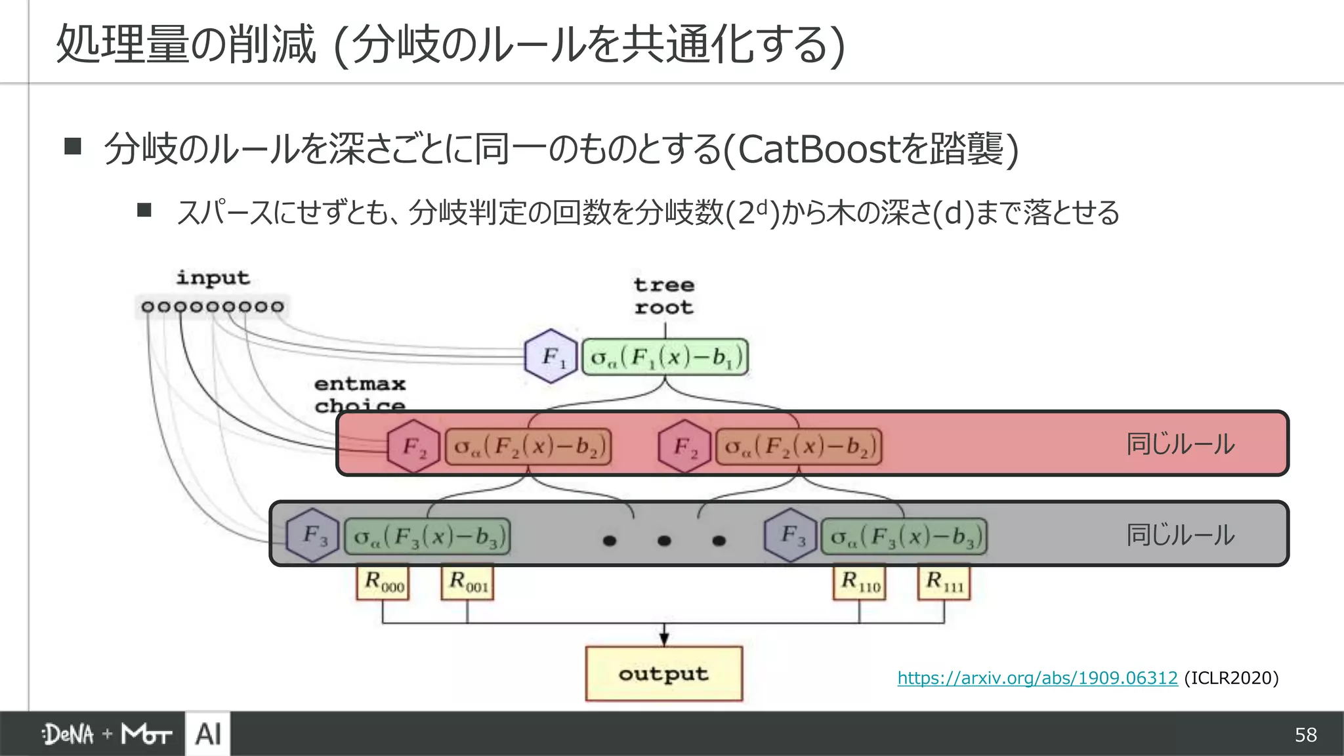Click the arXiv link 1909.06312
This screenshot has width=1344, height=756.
(1037, 678)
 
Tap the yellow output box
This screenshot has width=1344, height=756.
(663, 674)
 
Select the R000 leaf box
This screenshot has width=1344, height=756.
(383, 582)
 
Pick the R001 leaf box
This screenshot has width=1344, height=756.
(467, 582)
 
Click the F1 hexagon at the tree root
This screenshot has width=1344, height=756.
(551, 356)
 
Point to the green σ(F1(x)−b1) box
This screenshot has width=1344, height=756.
(665, 357)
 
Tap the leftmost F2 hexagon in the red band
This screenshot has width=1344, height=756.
(413, 446)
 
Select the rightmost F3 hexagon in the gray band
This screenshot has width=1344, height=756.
(791, 535)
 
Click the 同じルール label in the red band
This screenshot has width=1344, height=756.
(1180, 444)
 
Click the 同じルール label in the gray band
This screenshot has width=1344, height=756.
(1180, 535)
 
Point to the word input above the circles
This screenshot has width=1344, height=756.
(213, 278)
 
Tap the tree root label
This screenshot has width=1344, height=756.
(663, 296)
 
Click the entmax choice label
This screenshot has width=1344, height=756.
(360, 394)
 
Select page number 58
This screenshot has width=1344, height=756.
(1305, 735)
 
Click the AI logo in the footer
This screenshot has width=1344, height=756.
(208, 734)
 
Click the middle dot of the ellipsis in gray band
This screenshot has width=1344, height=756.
(664, 541)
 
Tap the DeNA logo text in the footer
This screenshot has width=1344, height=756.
(68, 734)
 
